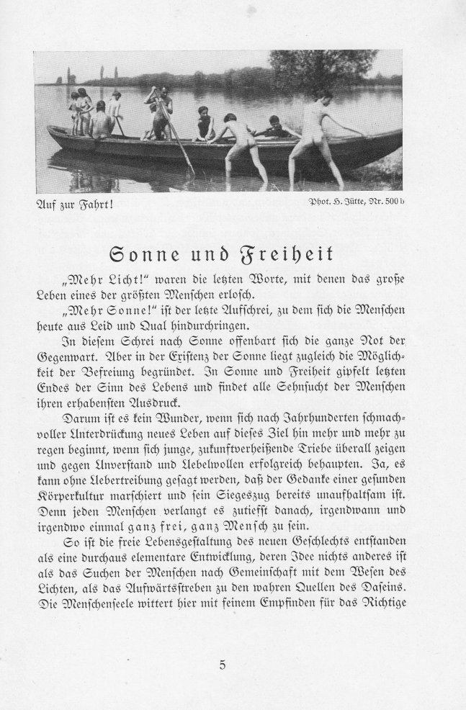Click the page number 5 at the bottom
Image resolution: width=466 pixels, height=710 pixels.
[223, 665]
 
